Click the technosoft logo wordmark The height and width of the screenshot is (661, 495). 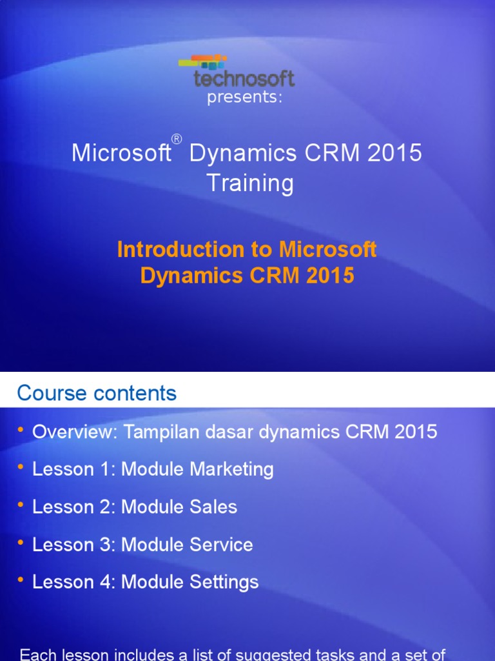tap(244, 79)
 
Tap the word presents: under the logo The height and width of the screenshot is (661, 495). tap(244, 98)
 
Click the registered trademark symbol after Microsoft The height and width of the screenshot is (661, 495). tap(177, 139)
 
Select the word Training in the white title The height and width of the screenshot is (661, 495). tap(250, 183)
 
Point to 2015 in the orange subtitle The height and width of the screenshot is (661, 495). tap(330, 276)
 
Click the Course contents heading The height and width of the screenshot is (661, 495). tap(97, 392)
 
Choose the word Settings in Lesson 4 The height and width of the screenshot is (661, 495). tap(224, 582)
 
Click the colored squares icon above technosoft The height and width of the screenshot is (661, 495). tap(202, 62)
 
